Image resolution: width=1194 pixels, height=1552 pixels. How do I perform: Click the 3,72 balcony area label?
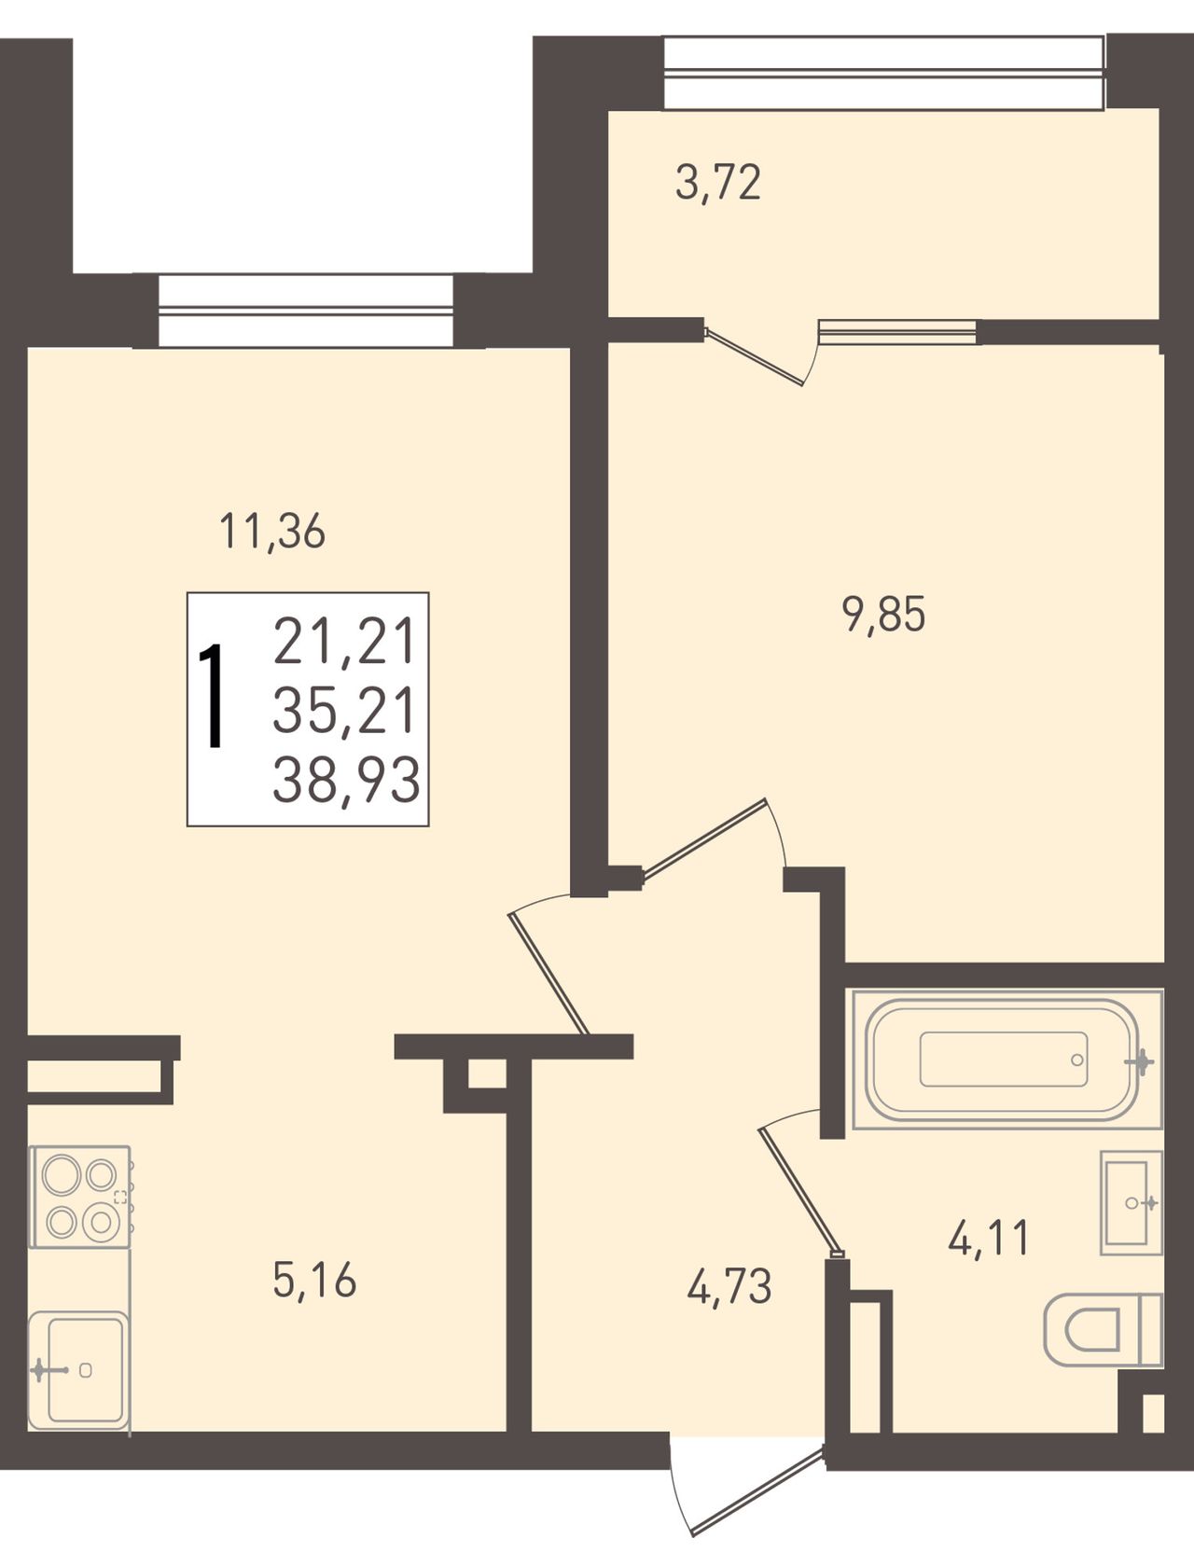718,183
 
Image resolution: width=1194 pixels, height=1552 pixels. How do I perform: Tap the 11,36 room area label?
272,532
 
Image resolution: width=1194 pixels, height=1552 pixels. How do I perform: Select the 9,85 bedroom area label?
884,616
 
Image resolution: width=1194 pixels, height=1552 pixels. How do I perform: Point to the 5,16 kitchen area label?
315,1281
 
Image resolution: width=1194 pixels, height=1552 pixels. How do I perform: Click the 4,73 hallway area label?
729,1287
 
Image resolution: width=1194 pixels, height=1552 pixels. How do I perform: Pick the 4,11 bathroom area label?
989,1240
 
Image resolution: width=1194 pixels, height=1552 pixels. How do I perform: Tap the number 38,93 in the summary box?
346,781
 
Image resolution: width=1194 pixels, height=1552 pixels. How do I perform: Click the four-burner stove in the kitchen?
80,1197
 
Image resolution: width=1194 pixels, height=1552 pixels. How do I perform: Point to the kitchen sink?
78,1369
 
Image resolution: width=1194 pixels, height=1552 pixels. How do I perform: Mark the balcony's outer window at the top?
884,73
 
